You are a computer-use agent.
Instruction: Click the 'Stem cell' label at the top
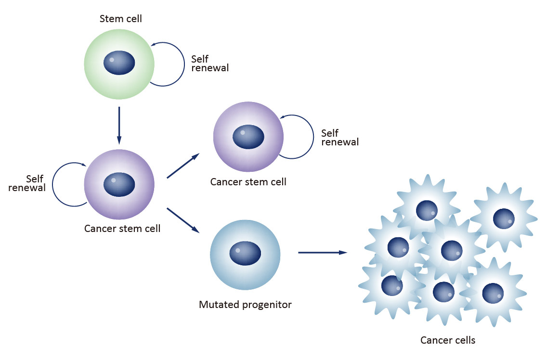[x=120, y=19]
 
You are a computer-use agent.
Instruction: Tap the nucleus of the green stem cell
[x=119, y=63]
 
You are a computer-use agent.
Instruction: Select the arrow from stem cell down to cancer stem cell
[x=119, y=125]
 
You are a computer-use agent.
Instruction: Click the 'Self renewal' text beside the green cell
[x=209, y=64]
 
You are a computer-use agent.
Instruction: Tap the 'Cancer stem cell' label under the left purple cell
[x=122, y=229]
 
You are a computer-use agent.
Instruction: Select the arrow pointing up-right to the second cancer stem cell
[x=183, y=166]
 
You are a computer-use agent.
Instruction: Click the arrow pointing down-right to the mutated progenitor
[x=183, y=220]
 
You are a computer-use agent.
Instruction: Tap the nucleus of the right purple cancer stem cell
[x=248, y=137]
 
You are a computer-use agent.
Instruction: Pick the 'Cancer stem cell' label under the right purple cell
[x=248, y=182]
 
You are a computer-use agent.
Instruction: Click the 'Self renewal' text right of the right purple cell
[x=339, y=137]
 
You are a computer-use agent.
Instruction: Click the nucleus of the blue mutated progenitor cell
[x=245, y=253]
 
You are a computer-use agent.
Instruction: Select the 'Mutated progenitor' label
[x=245, y=305]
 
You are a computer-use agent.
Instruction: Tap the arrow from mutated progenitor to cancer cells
[x=323, y=252]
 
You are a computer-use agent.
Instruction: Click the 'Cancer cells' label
[x=448, y=340]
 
